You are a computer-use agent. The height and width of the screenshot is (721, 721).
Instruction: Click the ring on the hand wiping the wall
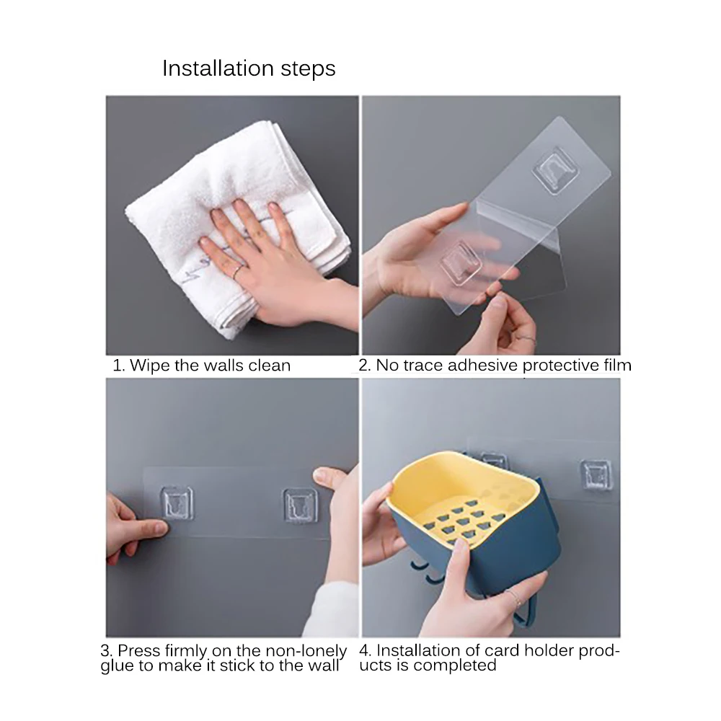237,273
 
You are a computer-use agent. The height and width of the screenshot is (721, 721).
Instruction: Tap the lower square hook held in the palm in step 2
461,263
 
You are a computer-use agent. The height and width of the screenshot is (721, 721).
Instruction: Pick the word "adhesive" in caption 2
483,365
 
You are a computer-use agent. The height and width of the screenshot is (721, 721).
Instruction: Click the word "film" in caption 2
618,365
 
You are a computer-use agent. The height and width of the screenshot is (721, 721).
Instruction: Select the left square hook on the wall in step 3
177,504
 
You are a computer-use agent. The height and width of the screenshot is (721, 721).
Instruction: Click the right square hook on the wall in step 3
300,506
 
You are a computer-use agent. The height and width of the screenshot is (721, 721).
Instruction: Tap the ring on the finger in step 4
516,599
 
